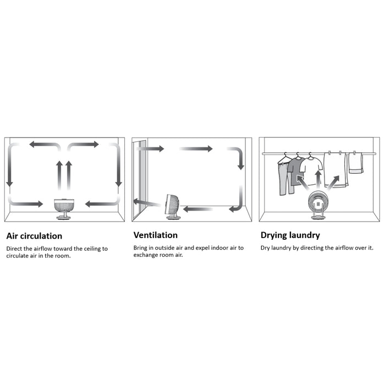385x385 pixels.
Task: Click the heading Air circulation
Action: [34, 236]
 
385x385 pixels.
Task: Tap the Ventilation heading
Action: [156, 235]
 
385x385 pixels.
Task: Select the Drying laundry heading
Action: [290, 235]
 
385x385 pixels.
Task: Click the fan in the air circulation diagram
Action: [64, 208]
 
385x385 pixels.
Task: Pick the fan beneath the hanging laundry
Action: [318, 205]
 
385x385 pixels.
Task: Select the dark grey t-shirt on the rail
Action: [296, 170]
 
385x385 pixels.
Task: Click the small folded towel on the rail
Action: [356, 163]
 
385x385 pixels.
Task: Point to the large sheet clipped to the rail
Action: [335, 169]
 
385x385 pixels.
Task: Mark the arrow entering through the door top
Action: [150, 148]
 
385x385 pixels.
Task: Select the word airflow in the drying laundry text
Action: [339, 248]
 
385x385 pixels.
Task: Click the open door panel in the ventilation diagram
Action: [140, 179]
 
